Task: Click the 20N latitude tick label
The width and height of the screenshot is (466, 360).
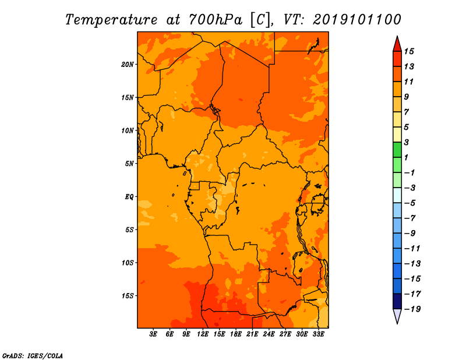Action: [128, 64]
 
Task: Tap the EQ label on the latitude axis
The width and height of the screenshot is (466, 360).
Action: [129, 196]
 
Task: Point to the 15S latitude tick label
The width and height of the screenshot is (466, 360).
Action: [128, 296]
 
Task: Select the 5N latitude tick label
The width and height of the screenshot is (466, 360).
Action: [129, 164]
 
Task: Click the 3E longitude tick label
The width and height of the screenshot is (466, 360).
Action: [153, 334]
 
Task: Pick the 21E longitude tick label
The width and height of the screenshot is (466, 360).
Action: [252, 334]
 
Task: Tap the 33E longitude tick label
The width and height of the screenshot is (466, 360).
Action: [318, 334]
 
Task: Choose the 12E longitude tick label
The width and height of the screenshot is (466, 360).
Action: [202, 334]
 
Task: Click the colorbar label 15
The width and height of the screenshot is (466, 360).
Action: [409, 51]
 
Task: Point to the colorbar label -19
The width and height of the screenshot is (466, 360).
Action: [412, 309]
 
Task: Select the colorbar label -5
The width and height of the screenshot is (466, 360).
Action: [410, 203]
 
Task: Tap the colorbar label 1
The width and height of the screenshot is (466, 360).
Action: [406, 157]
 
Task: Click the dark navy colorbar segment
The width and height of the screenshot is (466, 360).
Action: [397, 301]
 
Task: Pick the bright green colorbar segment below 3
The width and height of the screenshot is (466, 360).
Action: [397, 150]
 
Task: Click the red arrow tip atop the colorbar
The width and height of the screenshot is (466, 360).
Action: [397, 37]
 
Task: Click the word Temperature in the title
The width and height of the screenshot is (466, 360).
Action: [111, 20]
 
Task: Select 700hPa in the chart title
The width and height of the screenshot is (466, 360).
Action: [215, 20]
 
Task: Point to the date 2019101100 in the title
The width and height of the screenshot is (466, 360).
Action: [356, 20]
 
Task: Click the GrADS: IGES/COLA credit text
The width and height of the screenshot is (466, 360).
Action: [33, 355]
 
